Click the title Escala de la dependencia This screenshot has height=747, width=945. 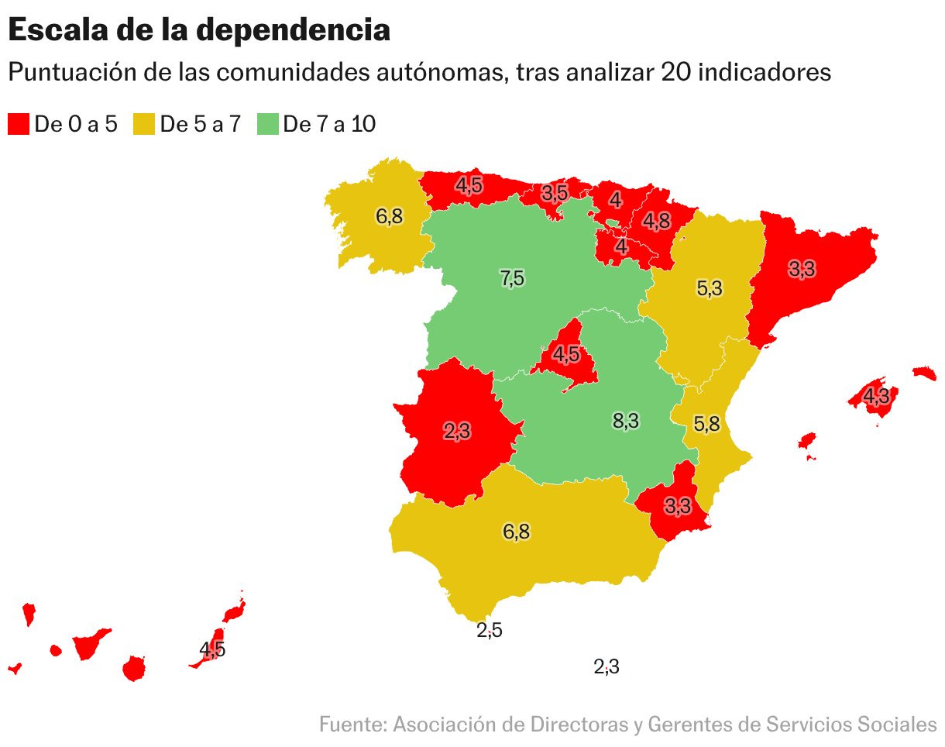point(198,31)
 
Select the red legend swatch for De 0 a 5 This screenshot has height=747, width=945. point(19,124)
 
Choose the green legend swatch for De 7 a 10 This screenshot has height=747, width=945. point(267,124)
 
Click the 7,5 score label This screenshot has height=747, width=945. point(512,277)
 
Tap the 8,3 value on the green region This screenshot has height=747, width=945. point(625,421)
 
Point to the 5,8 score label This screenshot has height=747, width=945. point(706,424)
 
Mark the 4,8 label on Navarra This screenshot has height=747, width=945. point(656,221)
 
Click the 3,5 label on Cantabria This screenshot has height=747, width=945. point(555,193)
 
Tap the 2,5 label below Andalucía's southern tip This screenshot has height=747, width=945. point(490,630)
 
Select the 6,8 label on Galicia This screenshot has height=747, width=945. point(389,216)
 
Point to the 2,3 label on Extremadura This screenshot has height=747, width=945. point(457,432)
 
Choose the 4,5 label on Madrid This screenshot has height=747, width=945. point(565,354)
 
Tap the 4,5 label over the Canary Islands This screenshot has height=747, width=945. point(212,649)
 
